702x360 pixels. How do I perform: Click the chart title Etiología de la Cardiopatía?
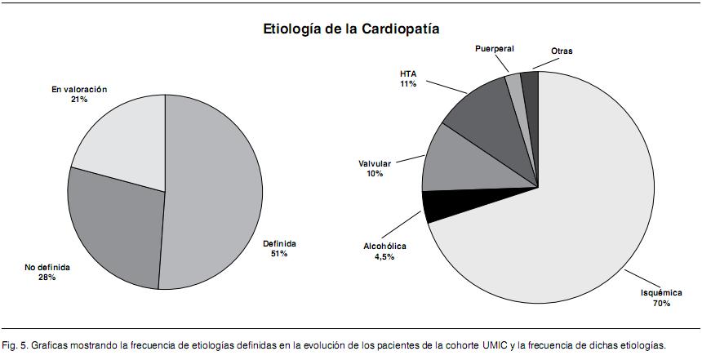351,29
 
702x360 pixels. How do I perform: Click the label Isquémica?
660,292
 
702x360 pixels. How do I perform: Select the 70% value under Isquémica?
660,304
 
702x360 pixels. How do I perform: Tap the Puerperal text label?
495,49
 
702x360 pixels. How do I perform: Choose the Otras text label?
561,51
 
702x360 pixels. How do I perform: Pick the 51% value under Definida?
278,254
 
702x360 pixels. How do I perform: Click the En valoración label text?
78,89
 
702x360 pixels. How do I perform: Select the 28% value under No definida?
45,278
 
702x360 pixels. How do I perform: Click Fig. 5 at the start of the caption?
14,344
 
